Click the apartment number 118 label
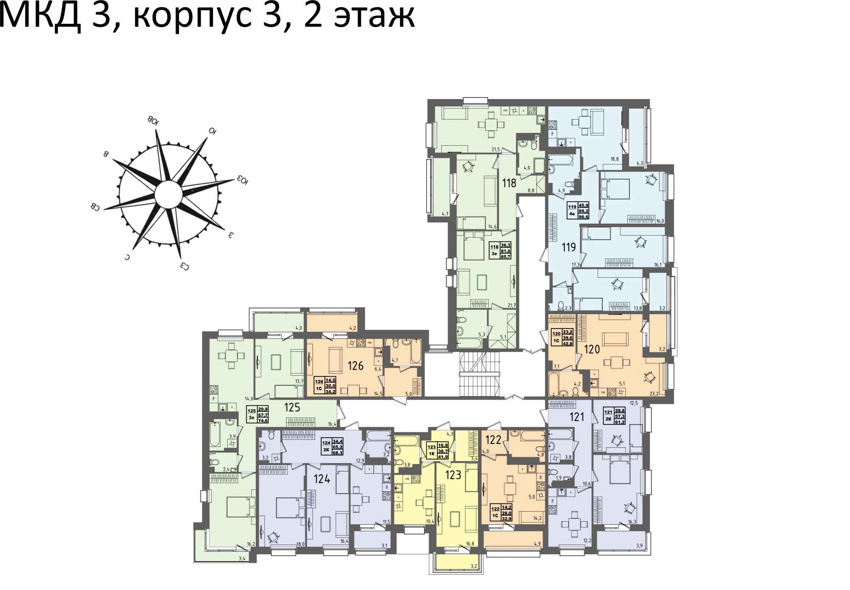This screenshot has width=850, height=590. (509, 183)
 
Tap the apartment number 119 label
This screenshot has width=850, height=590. (569, 247)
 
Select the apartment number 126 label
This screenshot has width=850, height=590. (355, 366)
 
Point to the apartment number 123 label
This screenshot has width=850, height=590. (453, 475)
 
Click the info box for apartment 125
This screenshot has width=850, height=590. (258, 414)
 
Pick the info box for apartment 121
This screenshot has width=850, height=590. (614, 416)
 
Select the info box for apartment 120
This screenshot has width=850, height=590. (562, 337)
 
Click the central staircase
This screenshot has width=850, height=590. (479, 374)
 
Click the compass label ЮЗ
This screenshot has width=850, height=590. (242, 180)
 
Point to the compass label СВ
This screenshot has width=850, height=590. (95, 207)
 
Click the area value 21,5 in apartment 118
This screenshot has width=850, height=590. (496, 149)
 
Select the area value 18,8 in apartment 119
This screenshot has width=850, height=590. (615, 159)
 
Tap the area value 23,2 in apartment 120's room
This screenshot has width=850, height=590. (654, 394)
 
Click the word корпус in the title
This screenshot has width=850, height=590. (193, 17)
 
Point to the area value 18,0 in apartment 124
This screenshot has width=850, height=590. (300, 544)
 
